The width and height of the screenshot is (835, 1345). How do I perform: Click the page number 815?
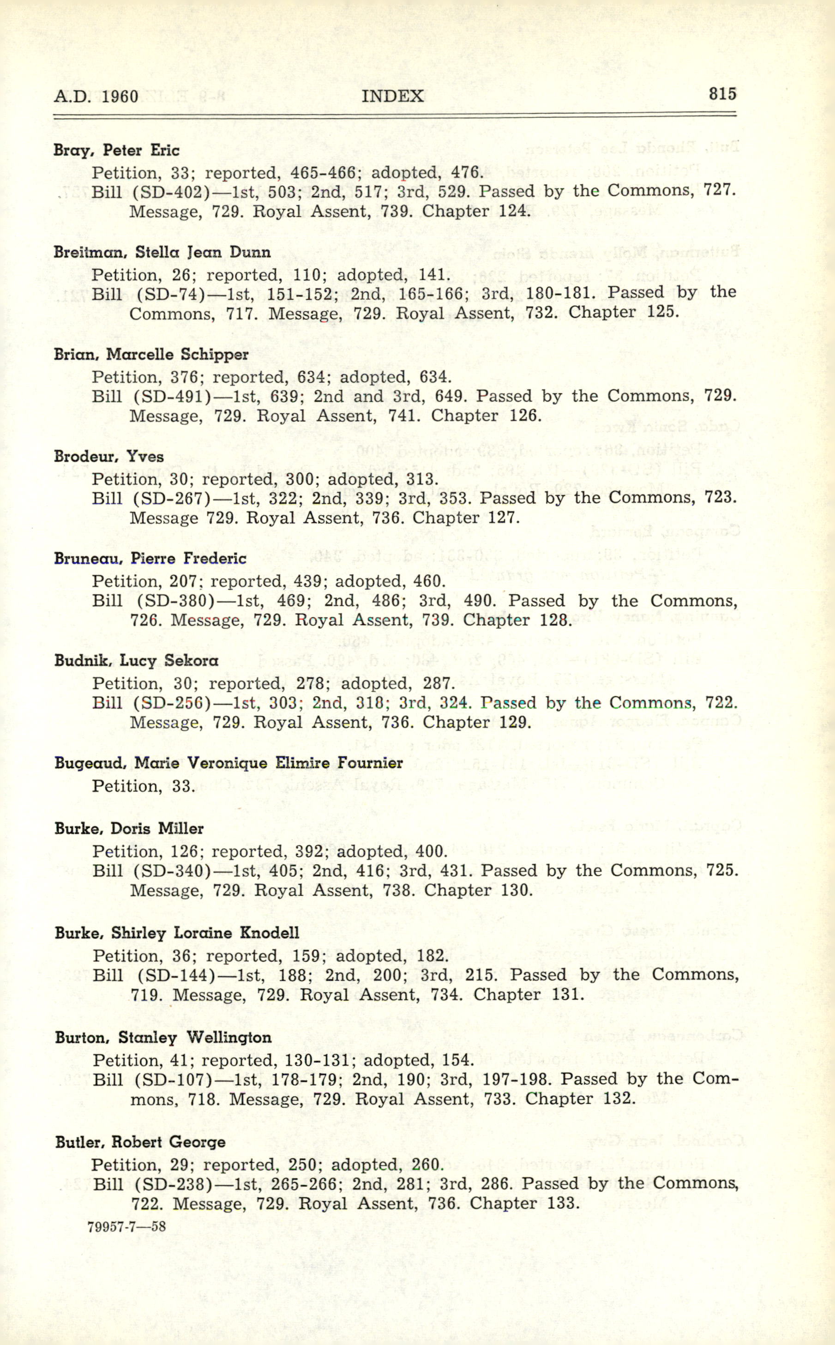(722, 94)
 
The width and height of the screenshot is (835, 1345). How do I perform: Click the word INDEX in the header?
(393, 96)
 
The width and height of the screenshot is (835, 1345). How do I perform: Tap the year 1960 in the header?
(120, 97)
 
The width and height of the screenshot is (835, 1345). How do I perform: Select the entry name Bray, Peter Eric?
(116, 150)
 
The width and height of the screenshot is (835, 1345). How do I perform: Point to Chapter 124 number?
(514, 211)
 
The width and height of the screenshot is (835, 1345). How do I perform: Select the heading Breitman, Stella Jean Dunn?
(162, 253)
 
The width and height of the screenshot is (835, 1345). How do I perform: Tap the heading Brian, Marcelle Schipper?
(151, 355)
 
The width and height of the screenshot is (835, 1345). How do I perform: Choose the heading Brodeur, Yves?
(109, 457)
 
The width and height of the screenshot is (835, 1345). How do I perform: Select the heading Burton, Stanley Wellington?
(163, 1037)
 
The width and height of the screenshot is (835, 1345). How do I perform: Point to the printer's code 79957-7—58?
(126, 1227)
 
